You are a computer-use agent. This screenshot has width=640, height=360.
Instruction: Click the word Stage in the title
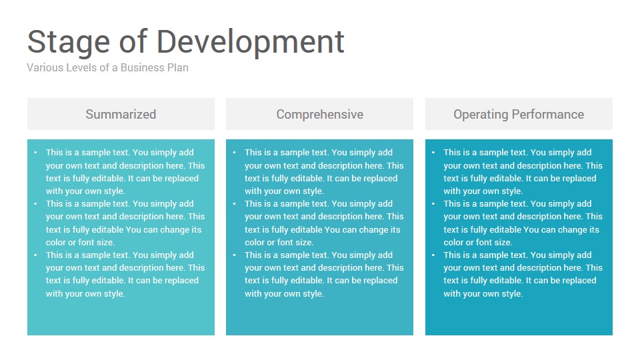tap(69, 43)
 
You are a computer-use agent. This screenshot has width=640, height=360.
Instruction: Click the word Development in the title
tap(251, 43)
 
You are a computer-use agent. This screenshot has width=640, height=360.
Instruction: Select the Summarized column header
tap(121, 114)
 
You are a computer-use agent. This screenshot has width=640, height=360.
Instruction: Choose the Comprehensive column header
tap(319, 114)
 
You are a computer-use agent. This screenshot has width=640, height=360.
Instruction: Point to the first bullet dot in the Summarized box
tap(35, 152)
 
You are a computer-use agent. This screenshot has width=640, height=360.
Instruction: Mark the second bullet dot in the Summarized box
tap(35, 204)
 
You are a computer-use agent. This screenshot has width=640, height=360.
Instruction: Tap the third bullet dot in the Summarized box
tap(35, 255)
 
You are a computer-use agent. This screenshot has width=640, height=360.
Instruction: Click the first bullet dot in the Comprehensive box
tap(234, 152)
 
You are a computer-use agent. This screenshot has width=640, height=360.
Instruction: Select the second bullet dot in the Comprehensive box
tap(234, 204)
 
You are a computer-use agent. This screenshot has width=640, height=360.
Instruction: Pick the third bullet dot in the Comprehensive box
tap(234, 255)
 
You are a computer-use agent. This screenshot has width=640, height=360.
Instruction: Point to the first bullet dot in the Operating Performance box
tap(433, 152)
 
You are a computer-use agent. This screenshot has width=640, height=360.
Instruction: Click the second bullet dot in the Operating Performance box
tap(433, 204)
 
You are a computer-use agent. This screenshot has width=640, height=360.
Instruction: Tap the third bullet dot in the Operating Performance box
tap(433, 255)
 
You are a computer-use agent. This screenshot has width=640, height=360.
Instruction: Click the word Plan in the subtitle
tap(178, 67)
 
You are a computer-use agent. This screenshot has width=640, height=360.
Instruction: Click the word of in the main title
tap(133, 41)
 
